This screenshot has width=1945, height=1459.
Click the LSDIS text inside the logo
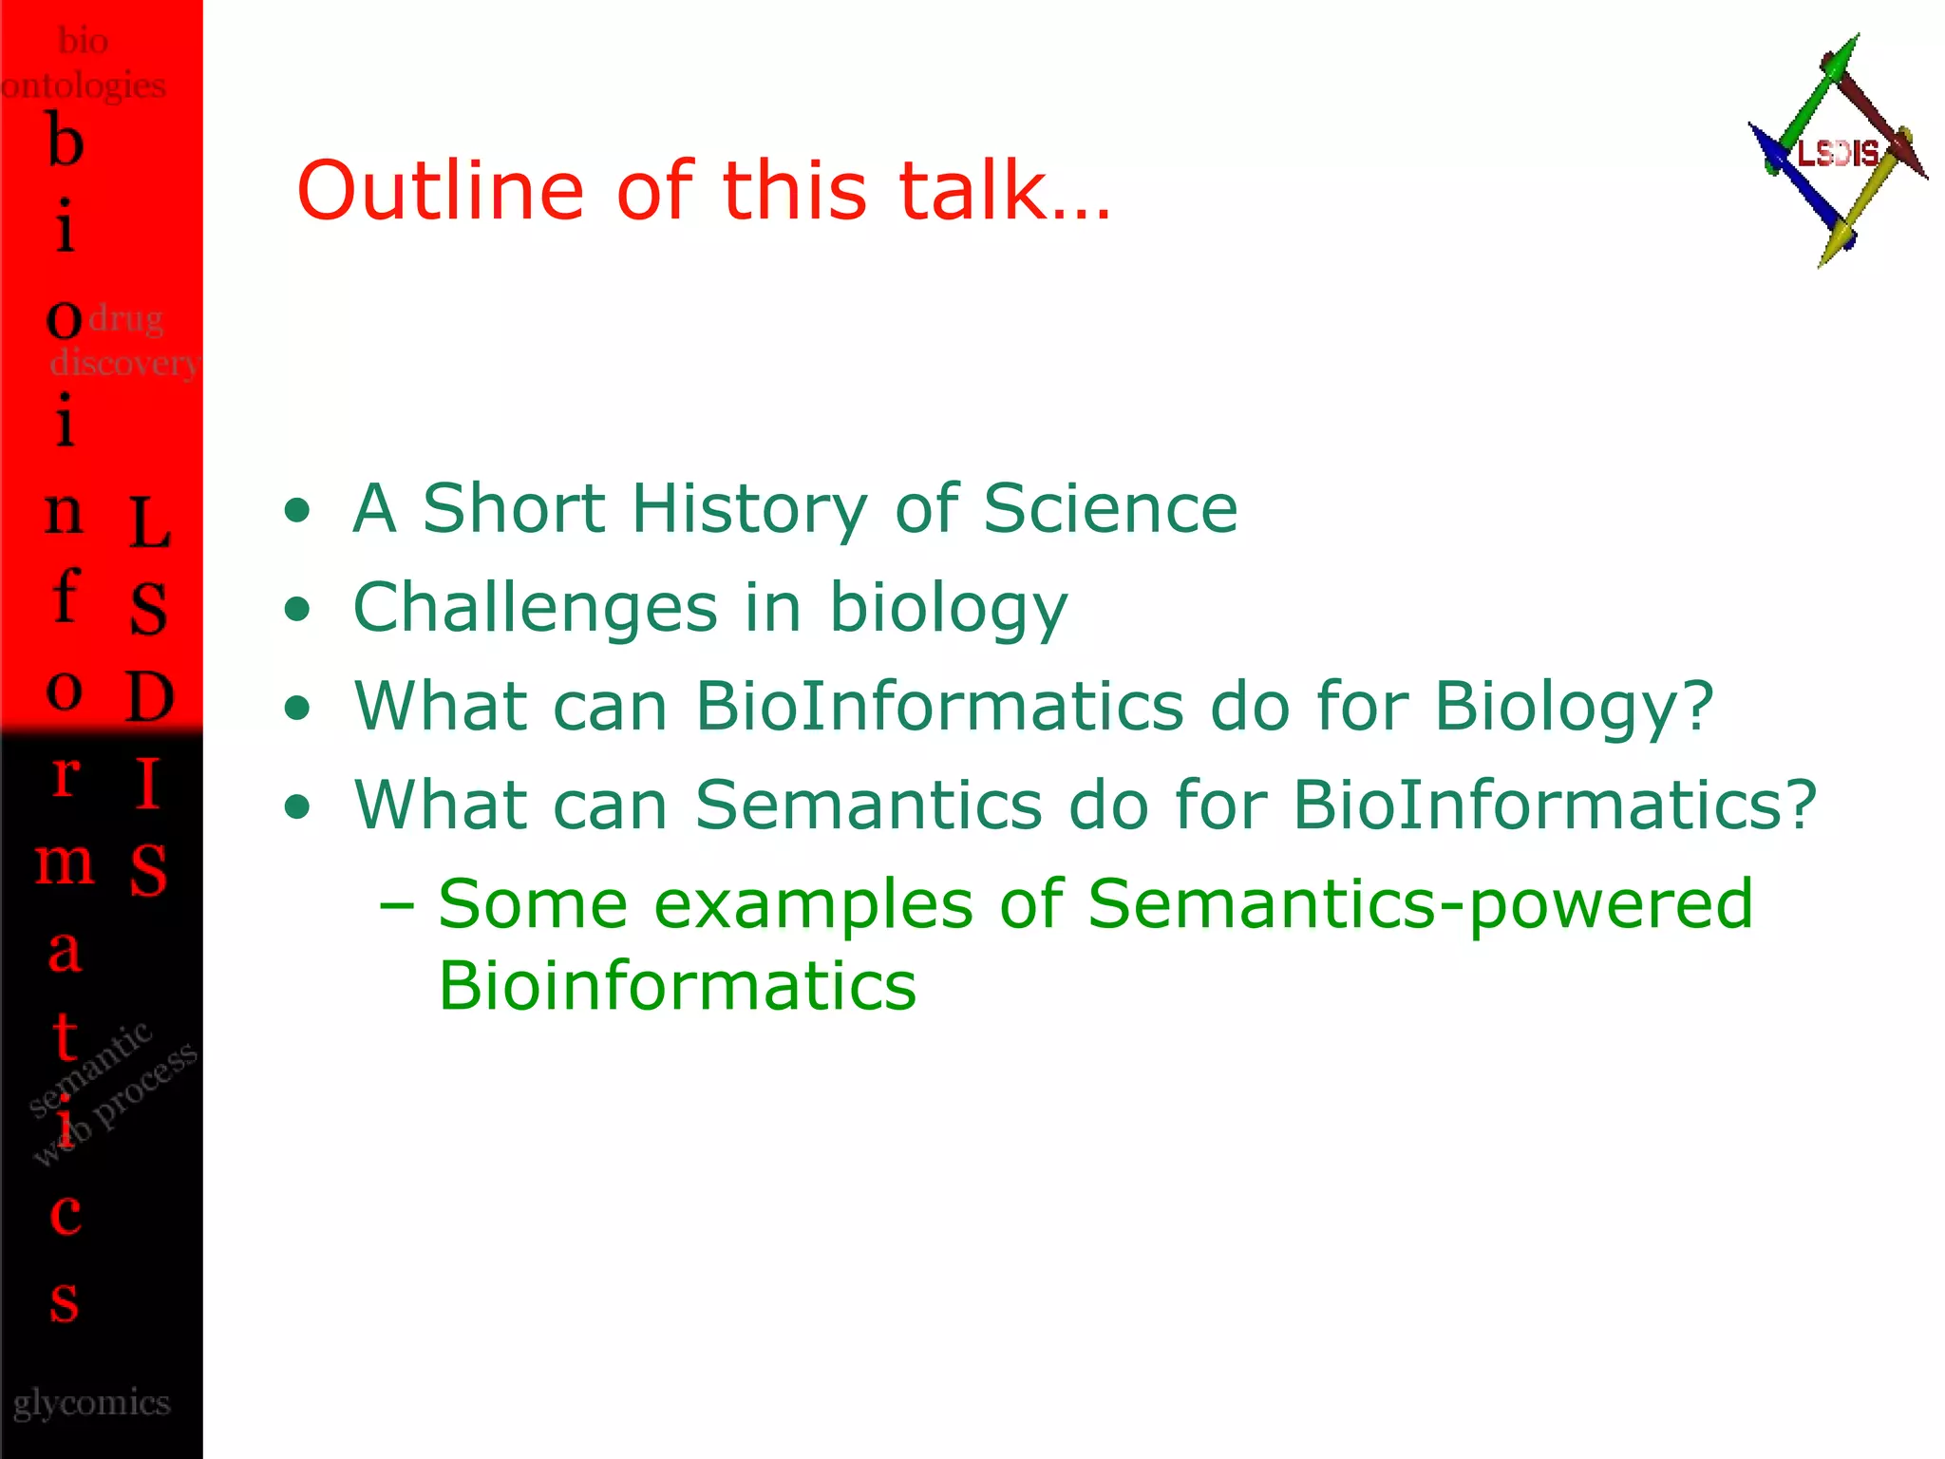[x=1838, y=153]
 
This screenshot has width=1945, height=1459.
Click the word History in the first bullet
[x=749, y=509]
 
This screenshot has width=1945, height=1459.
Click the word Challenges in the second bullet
[x=535, y=609]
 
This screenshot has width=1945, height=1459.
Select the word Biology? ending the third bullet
[x=1574, y=708]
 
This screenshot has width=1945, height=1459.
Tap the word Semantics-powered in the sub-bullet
[x=1419, y=903]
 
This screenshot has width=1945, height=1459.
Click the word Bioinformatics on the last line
[x=676, y=986]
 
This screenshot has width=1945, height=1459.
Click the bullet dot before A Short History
[x=297, y=511]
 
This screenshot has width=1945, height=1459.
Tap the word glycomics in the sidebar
[x=92, y=1402]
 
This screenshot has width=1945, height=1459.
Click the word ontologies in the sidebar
[x=84, y=85]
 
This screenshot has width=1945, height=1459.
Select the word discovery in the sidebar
[x=123, y=363]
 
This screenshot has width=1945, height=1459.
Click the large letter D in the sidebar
[x=150, y=696]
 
